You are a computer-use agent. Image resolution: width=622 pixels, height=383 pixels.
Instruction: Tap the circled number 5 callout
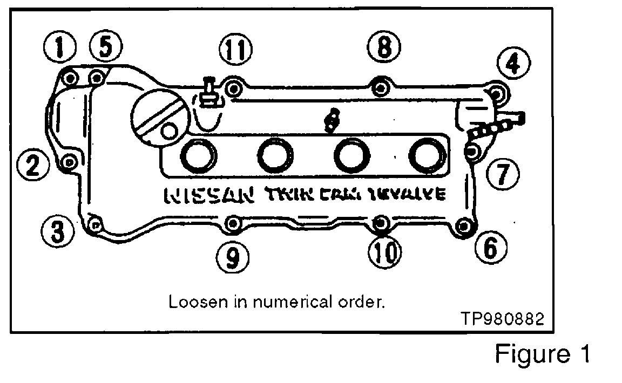[105, 48]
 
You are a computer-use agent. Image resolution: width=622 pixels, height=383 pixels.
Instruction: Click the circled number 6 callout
[490, 249]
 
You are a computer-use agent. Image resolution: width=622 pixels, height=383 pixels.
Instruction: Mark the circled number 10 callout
[384, 251]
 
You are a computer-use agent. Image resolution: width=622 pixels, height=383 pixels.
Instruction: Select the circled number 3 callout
[57, 232]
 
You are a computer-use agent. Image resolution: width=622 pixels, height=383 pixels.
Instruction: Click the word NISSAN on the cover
[208, 195]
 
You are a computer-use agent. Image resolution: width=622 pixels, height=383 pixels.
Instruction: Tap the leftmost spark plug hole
[199, 155]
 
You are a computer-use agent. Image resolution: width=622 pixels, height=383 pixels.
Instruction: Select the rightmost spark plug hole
[427, 155]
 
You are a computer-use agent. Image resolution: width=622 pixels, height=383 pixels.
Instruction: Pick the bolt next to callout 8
[381, 87]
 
